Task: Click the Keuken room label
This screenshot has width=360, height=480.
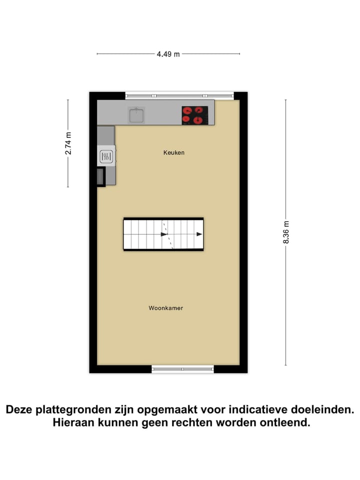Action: coord(174,152)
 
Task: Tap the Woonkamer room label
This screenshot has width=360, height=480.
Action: coord(165,308)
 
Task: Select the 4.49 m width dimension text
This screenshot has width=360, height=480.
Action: coord(168,54)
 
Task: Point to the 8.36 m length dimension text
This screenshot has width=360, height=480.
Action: coord(286,232)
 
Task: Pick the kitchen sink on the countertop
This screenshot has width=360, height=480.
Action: coord(136,115)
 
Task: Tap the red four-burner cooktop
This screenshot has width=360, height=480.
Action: coord(195,115)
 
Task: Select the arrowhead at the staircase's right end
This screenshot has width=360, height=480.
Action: coord(199,234)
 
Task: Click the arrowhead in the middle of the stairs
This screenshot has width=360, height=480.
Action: coord(163,234)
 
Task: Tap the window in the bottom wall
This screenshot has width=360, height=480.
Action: coord(182,369)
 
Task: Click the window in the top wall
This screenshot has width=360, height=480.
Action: coord(179,95)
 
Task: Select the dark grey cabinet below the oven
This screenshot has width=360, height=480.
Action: coord(101,176)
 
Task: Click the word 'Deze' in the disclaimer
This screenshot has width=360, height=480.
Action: coord(19,410)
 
